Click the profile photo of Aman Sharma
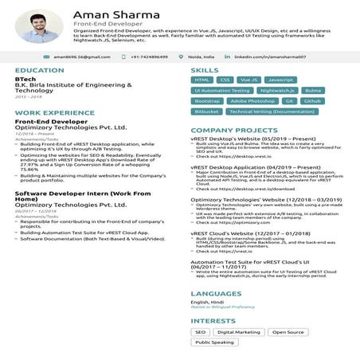point(39,27)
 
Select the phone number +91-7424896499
point(149,57)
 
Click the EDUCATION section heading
point(39,71)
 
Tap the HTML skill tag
point(202,80)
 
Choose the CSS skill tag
point(225,80)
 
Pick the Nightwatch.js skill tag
point(278,91)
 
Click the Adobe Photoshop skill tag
point(252,101)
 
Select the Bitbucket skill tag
point(205,112)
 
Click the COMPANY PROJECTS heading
point(233,129)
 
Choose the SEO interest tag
point(200,332)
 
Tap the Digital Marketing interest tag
point(238,332)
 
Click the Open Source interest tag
point(288,332)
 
